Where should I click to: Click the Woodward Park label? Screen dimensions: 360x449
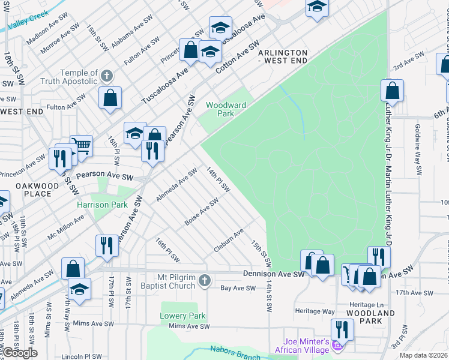coord(226,109)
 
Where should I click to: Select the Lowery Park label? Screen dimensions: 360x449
coord(182,316)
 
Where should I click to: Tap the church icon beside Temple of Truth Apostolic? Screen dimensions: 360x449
coord(107,76)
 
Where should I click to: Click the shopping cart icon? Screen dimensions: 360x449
coord(81,145)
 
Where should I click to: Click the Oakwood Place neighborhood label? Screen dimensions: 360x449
coord(37,190)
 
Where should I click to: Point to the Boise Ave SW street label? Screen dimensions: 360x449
coord(201,214)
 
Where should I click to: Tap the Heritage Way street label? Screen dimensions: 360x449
coord(315,311)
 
